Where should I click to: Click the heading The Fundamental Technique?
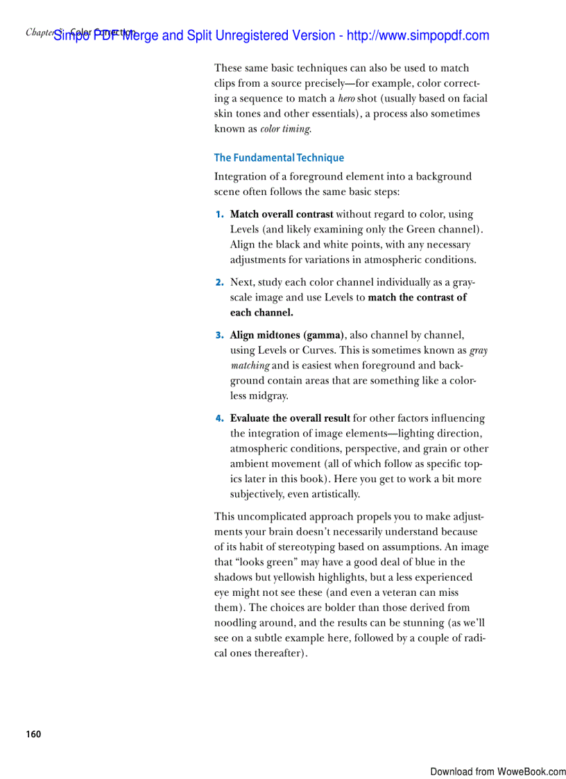[x=279, y=157]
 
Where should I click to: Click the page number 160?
[x=33, y=735]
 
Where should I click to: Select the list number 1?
[x=219, y=214]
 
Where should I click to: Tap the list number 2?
[x=219, y=282]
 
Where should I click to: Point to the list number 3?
[x=219, y=335]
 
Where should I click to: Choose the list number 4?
[x=219, y=418]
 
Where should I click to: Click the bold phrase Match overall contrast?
[x=282, y=214]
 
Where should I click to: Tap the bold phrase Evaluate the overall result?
[x=290, y=418]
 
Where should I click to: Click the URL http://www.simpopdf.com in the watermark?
[x=418, y=35]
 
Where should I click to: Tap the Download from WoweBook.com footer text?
[x=497, y=771]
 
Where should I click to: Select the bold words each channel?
[x=261, y=313]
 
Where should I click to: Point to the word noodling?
[x=236, y=623]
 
